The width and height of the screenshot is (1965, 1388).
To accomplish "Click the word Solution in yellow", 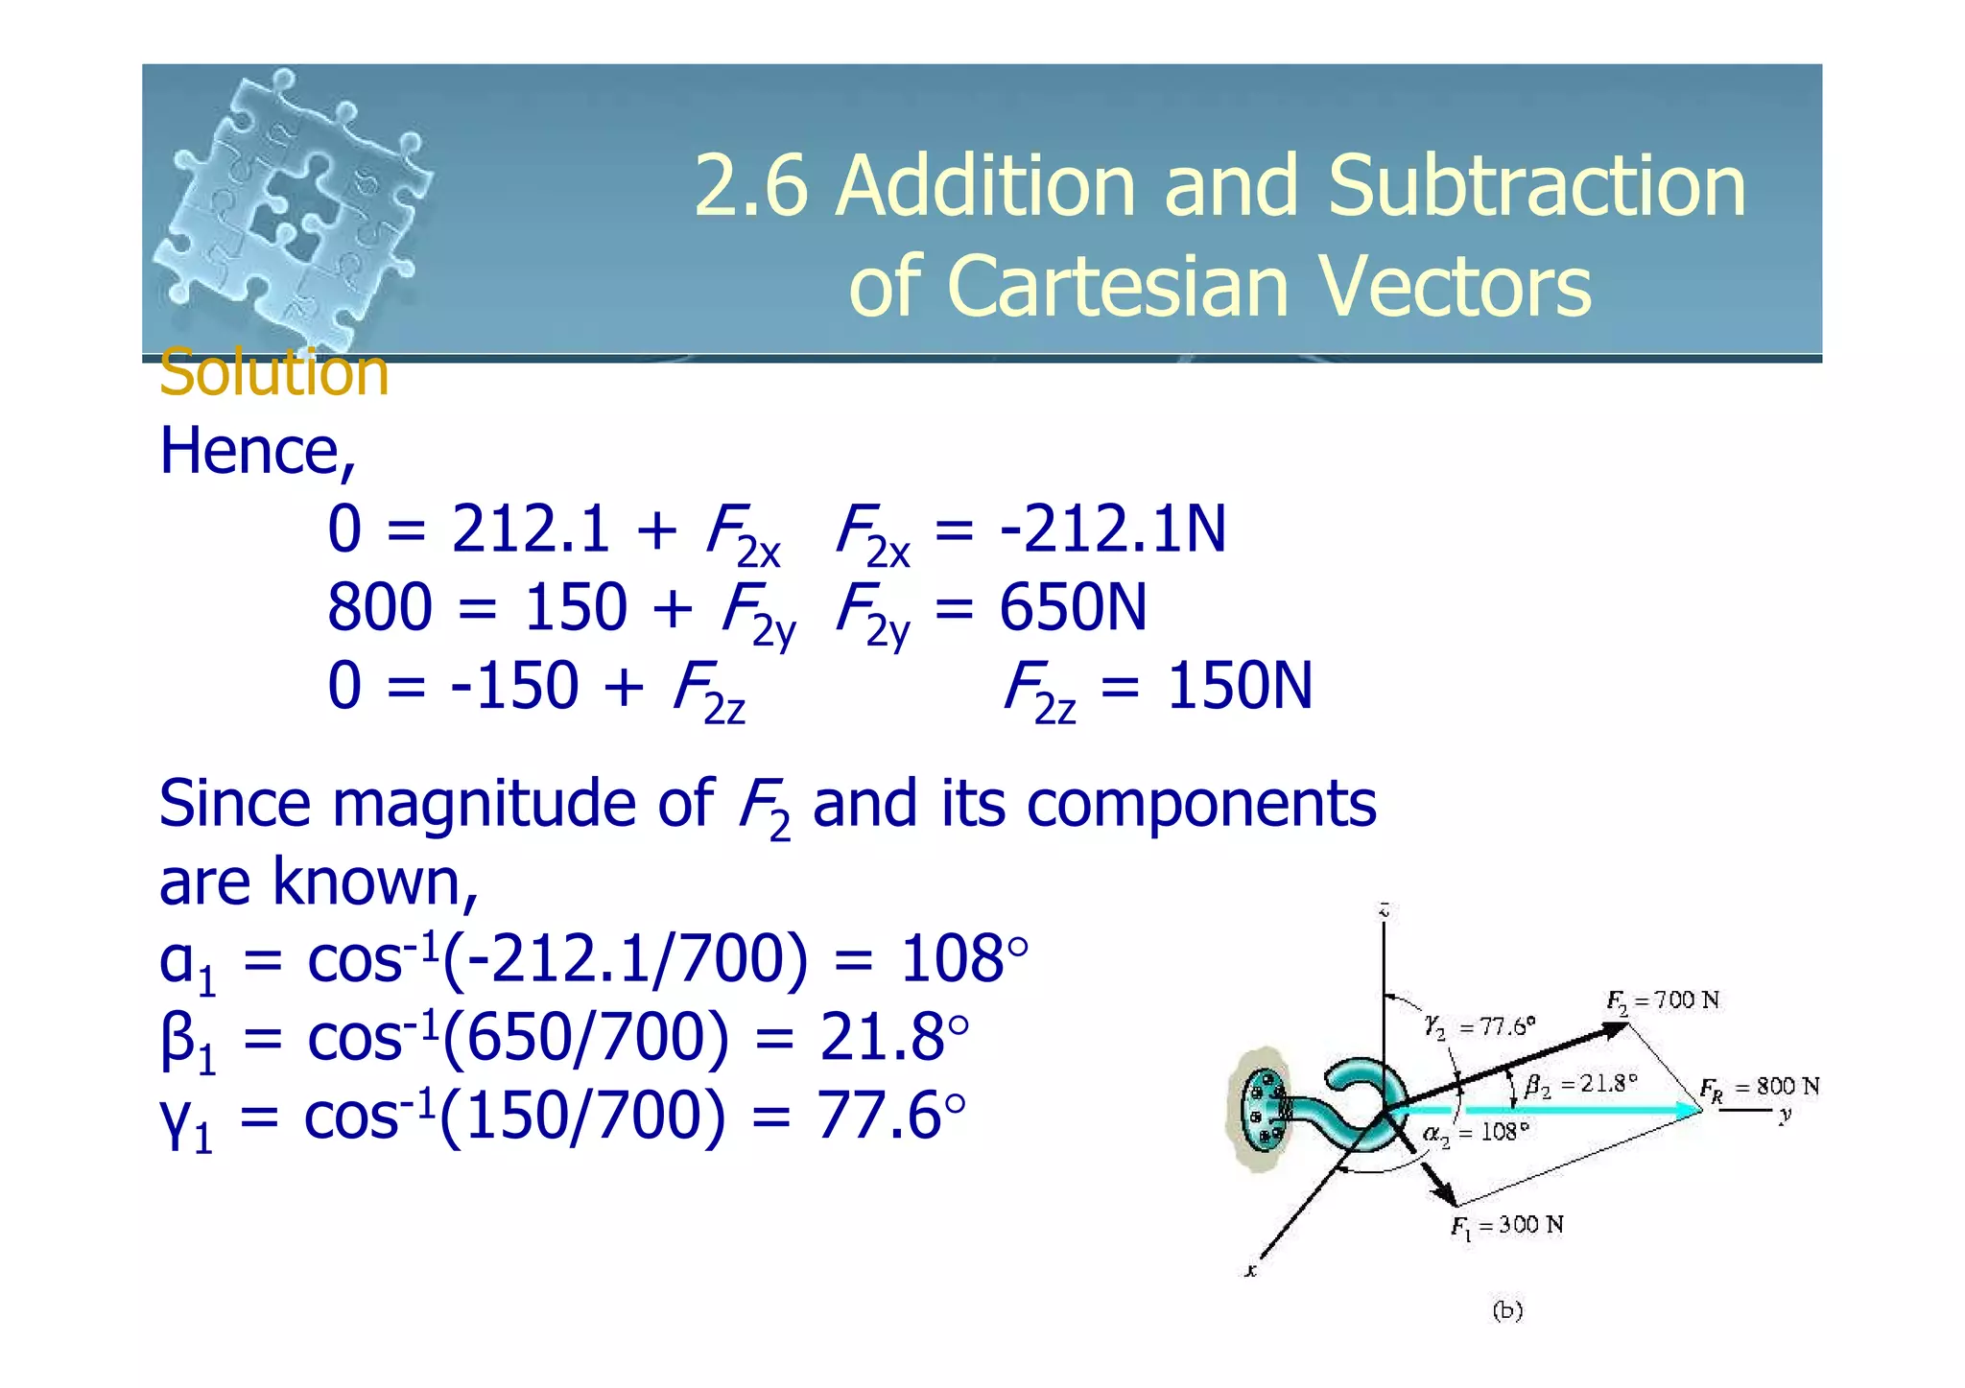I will (x=273, y=372).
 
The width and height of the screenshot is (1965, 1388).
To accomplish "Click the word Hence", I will (x=256, y=451).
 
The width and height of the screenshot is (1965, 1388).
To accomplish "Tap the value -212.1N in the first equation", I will (x=1113, y=529).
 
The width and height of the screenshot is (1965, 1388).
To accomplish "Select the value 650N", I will (x=1073, y=608).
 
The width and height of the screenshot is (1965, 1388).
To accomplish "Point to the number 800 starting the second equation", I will (x=380, y=608).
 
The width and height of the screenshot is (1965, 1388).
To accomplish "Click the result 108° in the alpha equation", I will (x=963, y=959).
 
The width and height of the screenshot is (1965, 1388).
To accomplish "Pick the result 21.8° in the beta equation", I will (x=894, y=1038).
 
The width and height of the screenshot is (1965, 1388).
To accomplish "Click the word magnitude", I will (x=485, y=804).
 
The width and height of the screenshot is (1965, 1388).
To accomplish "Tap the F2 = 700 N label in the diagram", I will (x=1663, y=1001).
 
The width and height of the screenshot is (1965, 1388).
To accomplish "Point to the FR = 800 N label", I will (x=1759, y=1087).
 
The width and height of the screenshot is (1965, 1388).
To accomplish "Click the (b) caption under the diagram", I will (x=1507, y=1310).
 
